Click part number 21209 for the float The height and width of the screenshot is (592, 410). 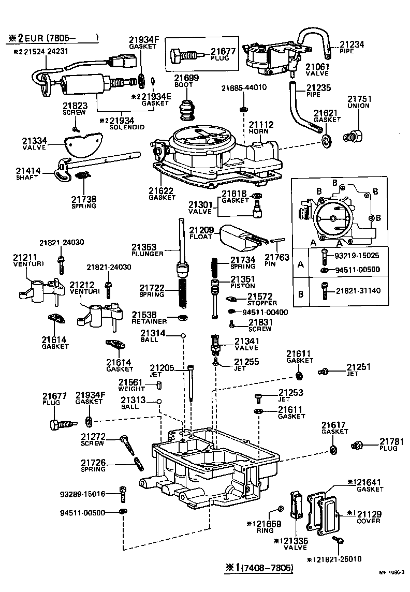[200, 229]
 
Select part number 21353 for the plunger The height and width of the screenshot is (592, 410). [144, 247]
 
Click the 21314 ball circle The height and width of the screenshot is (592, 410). [183, 336]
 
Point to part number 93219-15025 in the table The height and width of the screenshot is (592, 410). [356, 256]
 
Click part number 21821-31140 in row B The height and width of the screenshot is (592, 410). [356, 291]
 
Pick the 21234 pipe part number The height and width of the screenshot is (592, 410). [352, 45]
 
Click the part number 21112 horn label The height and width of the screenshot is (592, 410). [261, 125]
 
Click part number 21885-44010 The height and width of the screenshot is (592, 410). [244, 87]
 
